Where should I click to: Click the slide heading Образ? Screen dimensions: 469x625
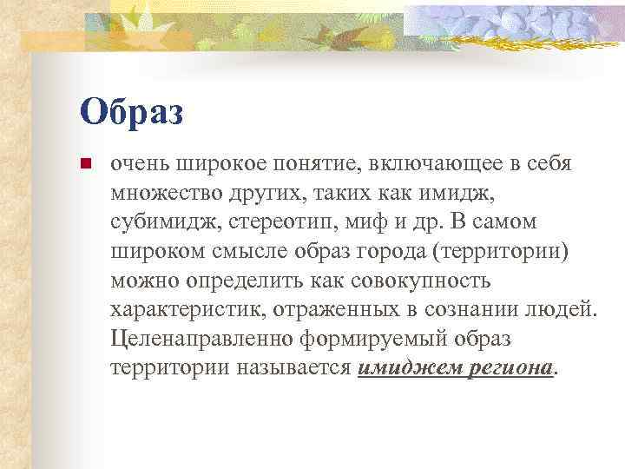click(131, 112)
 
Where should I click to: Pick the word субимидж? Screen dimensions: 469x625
click(166, 221)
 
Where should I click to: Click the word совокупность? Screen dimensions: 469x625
click(416, 280)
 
